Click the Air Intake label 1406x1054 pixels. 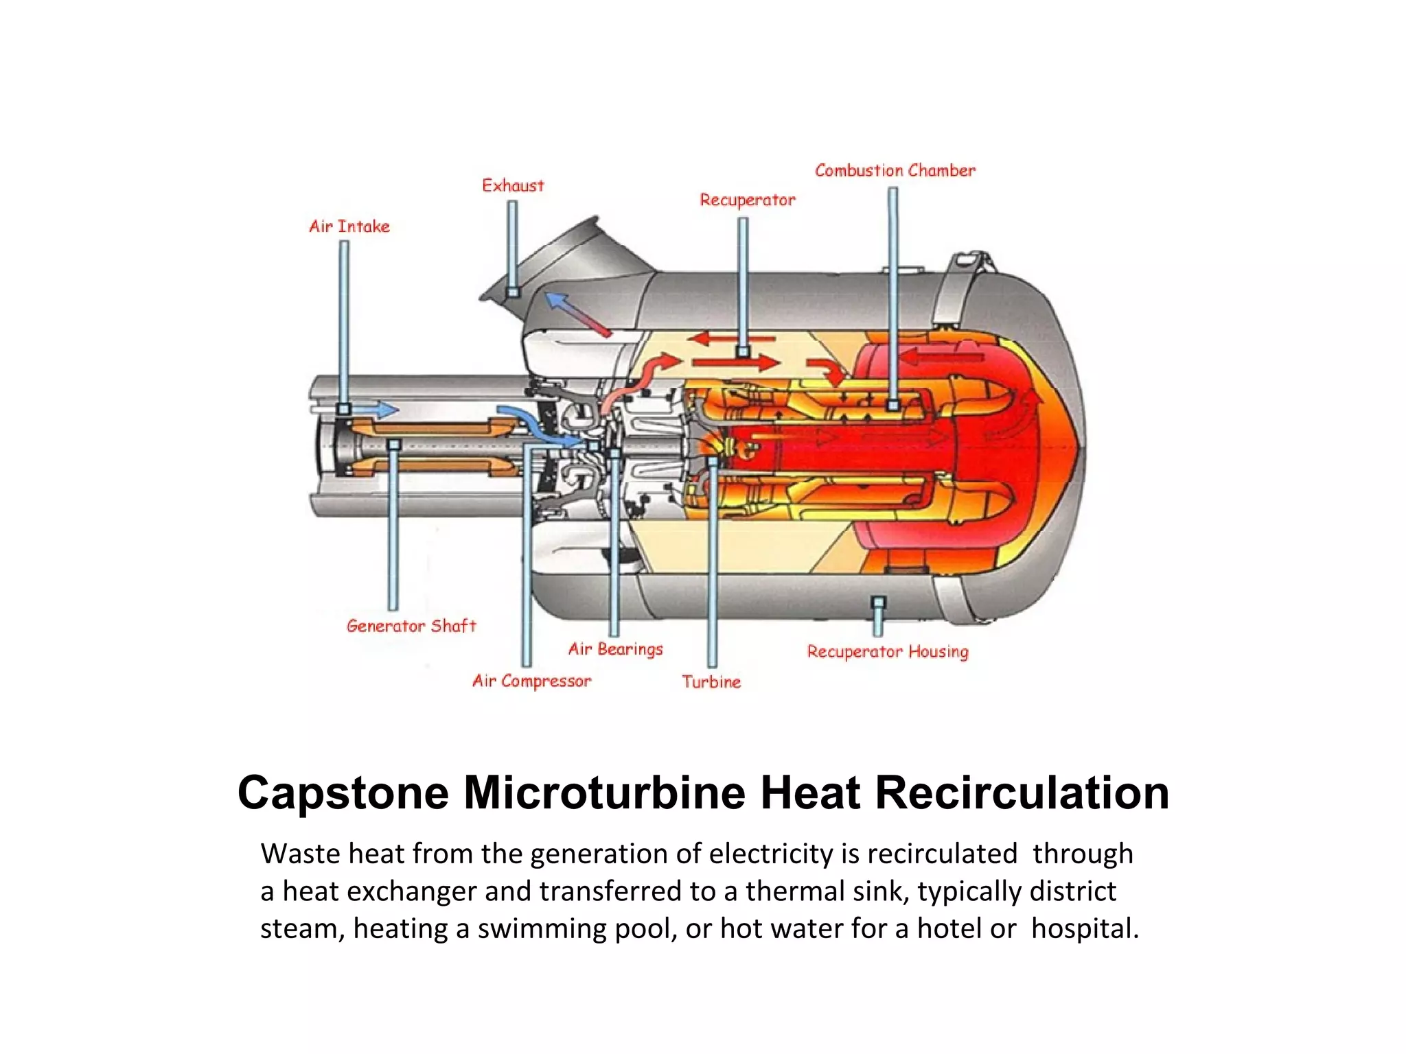pos(349,226)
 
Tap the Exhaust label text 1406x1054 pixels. pos(512,186)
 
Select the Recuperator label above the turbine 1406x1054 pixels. pos(747,200)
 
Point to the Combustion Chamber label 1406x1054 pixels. pos(895,171)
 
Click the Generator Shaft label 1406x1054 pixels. pos(411,626)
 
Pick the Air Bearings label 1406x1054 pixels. pos(615,649)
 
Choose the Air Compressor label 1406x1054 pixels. pos(531,681)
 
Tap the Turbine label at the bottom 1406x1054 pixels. pos(711,682)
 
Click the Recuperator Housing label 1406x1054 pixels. pos(887,652)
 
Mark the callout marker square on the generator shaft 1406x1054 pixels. pos(393,445)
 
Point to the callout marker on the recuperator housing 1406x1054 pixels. pos(878,602)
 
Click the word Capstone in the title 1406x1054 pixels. pos(343,793)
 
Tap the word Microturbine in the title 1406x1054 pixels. pos(604,793)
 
